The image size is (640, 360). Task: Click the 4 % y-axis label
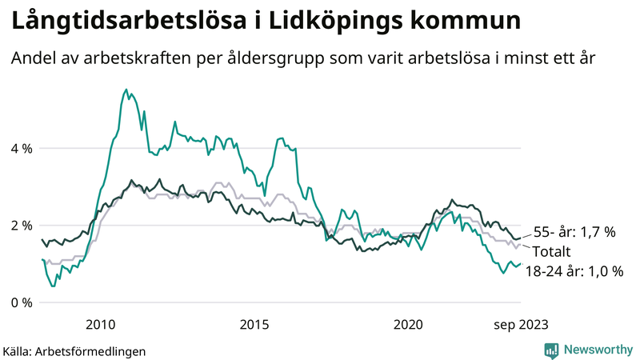21,148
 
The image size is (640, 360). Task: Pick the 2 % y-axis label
21,226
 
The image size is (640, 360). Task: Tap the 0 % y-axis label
21,302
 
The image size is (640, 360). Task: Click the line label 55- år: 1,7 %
574,233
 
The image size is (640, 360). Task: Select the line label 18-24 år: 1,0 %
574,271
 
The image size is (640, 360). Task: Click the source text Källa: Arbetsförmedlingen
74,350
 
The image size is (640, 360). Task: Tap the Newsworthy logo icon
551,350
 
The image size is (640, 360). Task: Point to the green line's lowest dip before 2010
53,286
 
